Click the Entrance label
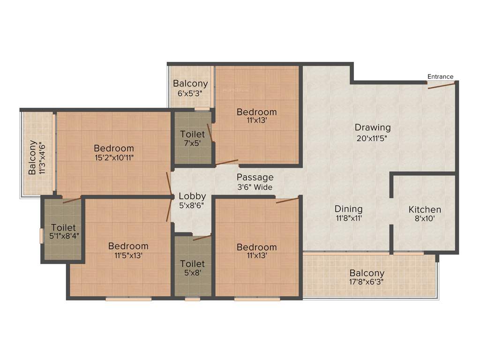pos(440,76)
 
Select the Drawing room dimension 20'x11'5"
pos(373,138)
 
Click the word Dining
pos(348,209)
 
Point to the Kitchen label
pos(425,210)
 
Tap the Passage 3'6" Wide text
pos(255,182)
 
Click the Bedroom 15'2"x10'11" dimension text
pos(113,158)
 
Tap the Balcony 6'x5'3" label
pos(190,88)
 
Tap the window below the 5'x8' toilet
pos(192,299)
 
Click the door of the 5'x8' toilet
pos(202,238)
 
